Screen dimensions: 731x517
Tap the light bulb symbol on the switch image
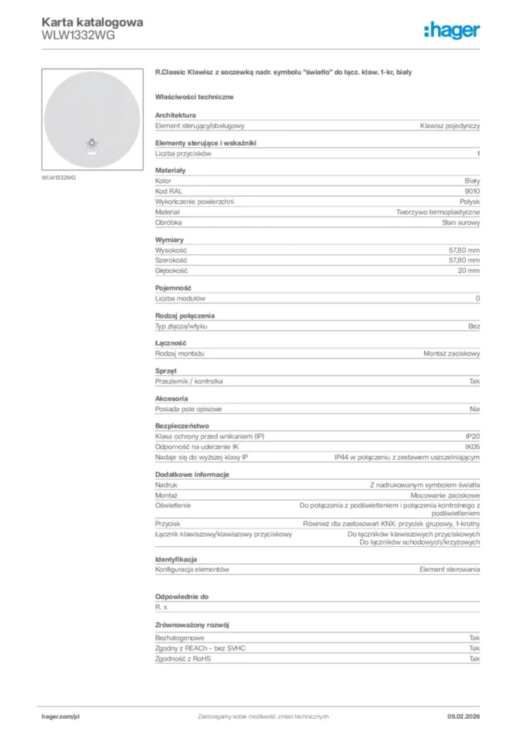[x=92, y=143]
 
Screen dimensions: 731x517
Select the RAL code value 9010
[x=472, y=191]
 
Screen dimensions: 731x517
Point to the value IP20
[x=472, y=436]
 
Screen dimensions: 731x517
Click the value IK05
[x=472, y=446]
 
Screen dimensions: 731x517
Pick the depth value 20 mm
[x=469, y=271]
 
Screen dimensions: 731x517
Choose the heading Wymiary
[x=169, y=240]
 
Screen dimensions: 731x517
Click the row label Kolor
[x=164, y=181]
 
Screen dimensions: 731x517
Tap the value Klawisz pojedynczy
[x=450, y=126]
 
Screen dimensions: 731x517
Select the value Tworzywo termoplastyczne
[x=438, y=212]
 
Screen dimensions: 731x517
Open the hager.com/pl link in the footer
[x=61, y=716]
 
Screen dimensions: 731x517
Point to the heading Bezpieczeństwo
[x=182, y=425]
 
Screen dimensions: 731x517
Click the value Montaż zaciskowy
[x=451, y=354]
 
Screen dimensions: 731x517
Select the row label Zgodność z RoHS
[x=183, y=659]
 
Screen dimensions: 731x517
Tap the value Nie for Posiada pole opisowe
[x=475, y=409]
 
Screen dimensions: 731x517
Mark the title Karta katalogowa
[x=93, y=21]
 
